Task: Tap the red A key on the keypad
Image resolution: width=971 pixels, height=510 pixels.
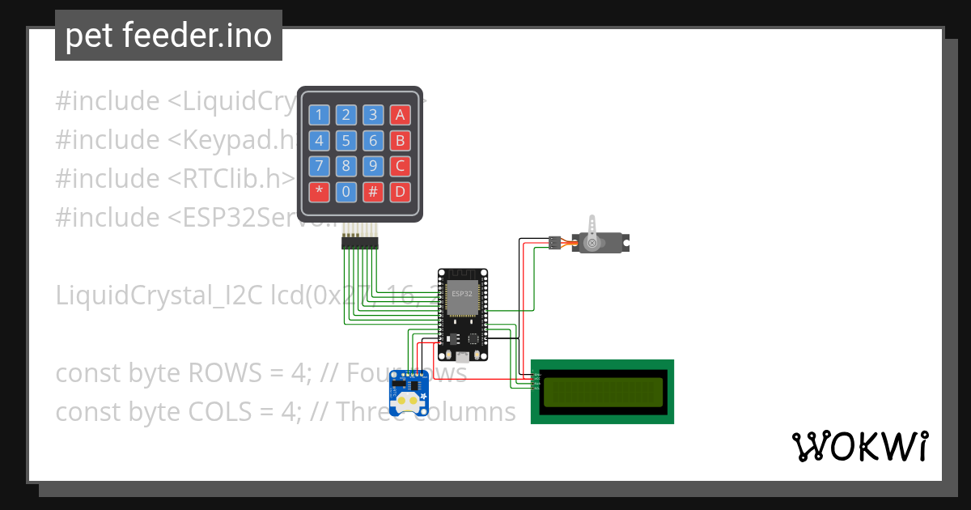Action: (x=399, y=115)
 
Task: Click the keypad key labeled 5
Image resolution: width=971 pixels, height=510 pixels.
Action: (x=346, y=141)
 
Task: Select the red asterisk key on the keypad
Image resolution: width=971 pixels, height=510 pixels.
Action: (x=320, y=193)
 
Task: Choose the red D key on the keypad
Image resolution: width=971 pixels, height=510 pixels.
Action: (x=399, y=193)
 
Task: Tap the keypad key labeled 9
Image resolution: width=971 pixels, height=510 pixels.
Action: (x=373, y=167)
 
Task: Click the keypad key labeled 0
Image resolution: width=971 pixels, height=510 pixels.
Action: (x=346, y=193)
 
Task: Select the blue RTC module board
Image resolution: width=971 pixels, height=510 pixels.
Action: (x=410, y=393)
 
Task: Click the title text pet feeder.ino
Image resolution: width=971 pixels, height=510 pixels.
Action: (x=168, y=36)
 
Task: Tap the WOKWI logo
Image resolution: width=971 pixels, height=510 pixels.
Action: (x=859, y=447)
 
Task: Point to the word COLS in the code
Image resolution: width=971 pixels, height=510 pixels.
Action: (x=220, y=412)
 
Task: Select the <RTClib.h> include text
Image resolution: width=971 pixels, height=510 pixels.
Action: (x=231, y=179)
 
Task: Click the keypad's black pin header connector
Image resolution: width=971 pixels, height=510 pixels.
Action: (x=360, y=242)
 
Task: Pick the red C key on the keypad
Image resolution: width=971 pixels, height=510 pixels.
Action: (x=399, y=167)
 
